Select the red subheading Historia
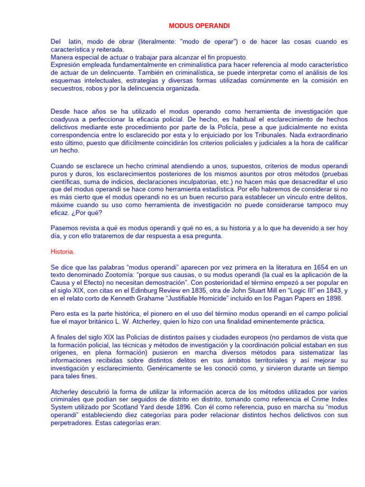click(63, 251)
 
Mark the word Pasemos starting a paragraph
click(65, 228)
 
